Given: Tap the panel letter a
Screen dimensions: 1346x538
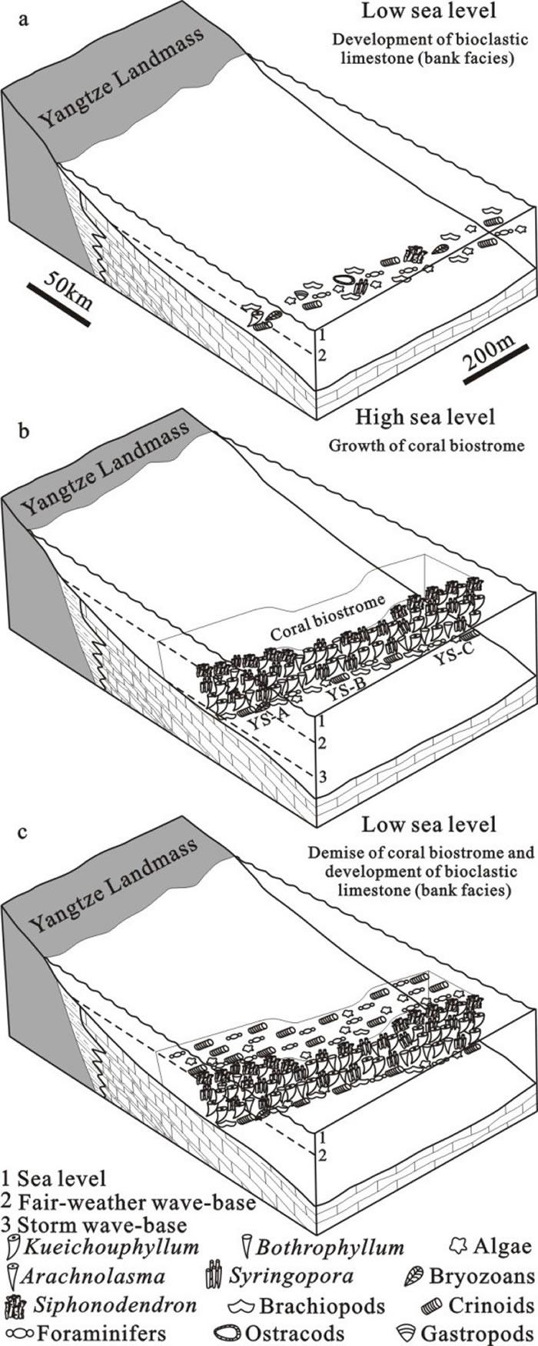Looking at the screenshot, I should pos(25,20).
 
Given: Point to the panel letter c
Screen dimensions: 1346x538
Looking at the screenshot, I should pos(25,831).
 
